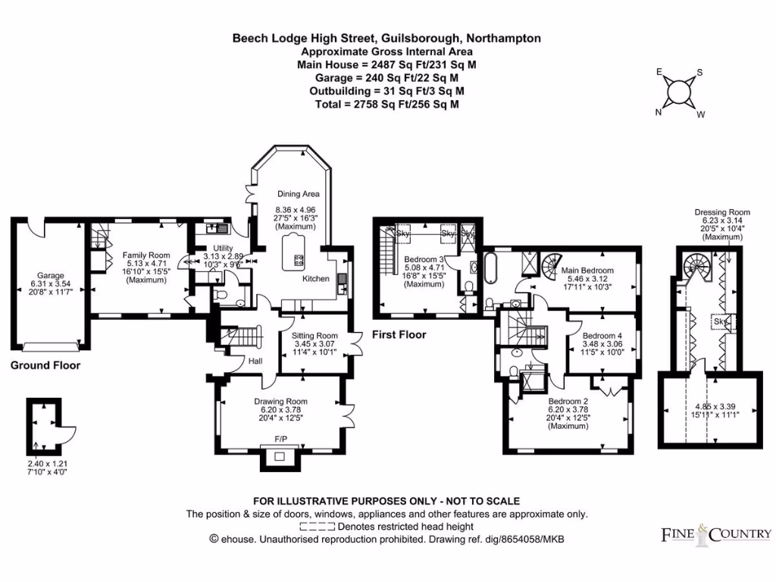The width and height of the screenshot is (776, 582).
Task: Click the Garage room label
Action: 52,276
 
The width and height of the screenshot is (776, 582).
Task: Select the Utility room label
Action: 222,248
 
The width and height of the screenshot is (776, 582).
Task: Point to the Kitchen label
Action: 316,279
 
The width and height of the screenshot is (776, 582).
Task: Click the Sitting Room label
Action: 314,336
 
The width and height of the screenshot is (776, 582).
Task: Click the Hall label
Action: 255,361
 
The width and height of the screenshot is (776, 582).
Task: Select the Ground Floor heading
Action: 45,365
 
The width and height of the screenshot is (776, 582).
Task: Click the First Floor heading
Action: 399,334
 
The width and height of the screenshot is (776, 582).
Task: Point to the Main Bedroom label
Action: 587,271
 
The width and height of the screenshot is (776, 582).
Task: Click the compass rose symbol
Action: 679,92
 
